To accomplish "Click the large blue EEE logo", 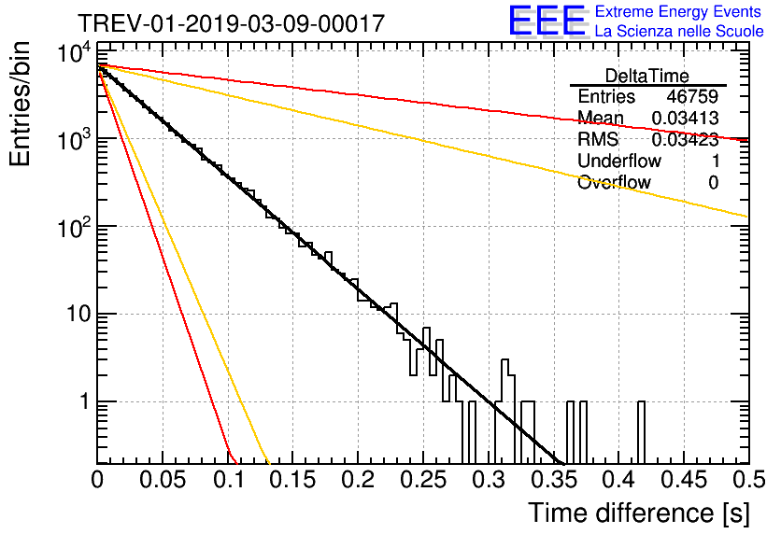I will pos(547,21).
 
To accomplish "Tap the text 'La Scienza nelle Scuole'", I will pos(679,31).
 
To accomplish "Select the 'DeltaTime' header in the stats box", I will pos(647,76).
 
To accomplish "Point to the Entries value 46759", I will pos(692,97).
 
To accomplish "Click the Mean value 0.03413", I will pos(684,119).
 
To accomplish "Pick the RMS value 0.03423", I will pos(684,140).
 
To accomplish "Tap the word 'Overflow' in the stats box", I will pos(614,183).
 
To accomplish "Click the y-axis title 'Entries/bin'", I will pos(26,104).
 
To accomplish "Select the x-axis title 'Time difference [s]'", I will pos(638,513).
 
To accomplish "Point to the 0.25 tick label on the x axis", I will pos(421,481).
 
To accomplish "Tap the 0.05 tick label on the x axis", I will pos(163,481).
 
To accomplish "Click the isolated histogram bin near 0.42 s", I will pos(642,431).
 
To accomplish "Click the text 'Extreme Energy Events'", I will pos(679,12).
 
